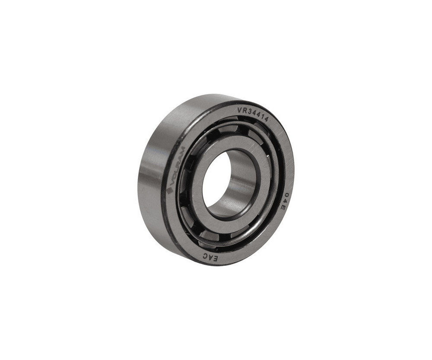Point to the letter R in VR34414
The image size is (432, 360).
coord(244,109)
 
